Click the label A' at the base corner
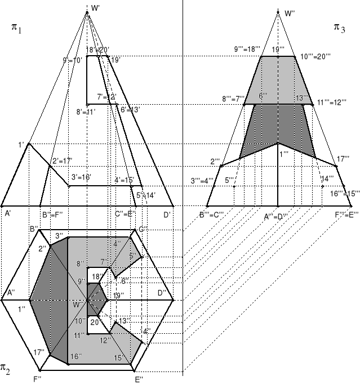pos(8,214)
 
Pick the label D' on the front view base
pos(167,214)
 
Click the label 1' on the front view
pos(21,145)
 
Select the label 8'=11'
pos(86,111)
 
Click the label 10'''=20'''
pos(315,56)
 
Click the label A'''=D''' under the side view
pos(277,215)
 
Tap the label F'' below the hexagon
pos(37,379)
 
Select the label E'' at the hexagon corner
pos(138,379)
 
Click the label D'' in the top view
pos(162,293)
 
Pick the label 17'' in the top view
pos(39,352)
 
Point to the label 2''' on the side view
pos(215,162)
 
